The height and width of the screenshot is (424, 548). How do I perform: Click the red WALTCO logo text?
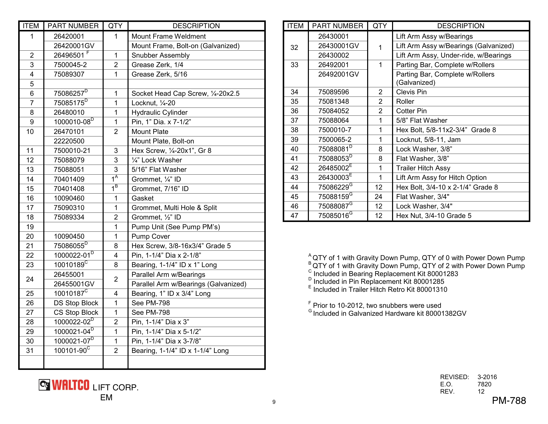coord(70,385)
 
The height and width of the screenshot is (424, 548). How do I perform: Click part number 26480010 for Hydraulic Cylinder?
coord(69,112)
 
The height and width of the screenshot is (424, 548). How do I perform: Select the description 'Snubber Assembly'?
coord(160,55)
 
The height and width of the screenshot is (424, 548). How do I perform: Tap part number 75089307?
coord(69,74)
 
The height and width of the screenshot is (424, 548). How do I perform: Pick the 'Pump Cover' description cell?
coord(150,236)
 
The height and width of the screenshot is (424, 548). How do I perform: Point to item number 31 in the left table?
coord(30,351)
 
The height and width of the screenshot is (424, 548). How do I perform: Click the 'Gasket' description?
coord(142,198)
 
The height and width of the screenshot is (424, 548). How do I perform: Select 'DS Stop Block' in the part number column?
coord(76,303)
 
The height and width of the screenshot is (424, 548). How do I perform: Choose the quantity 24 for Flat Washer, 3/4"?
coord(378,197)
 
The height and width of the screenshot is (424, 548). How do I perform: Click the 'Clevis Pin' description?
coord(411,92)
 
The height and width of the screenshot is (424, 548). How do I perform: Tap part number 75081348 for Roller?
coord(334,102)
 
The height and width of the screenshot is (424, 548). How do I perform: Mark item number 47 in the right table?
coord(294,216)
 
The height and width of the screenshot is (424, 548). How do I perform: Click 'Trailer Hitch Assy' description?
coord(423,168)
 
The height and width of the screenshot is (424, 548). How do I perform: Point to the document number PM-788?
coord(509,401)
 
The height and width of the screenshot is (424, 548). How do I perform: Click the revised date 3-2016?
coord(487,377)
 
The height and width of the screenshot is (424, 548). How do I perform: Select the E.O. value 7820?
coord(484,384)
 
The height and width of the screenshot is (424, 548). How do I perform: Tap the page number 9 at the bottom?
coord(274,402)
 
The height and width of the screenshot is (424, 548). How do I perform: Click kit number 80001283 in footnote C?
coord(443,274)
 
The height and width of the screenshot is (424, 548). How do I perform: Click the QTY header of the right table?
coord(380,26)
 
